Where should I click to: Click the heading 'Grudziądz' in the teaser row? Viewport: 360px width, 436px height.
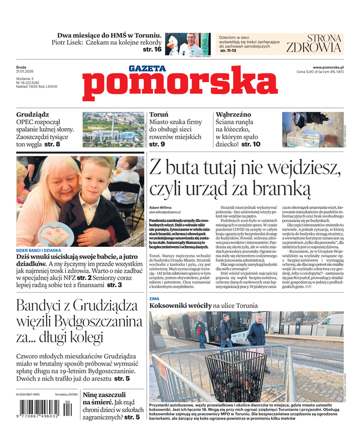33,115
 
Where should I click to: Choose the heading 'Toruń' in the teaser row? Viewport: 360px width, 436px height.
158,115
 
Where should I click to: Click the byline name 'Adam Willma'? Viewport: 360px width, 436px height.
160,208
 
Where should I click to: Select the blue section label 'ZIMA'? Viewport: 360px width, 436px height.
155,299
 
